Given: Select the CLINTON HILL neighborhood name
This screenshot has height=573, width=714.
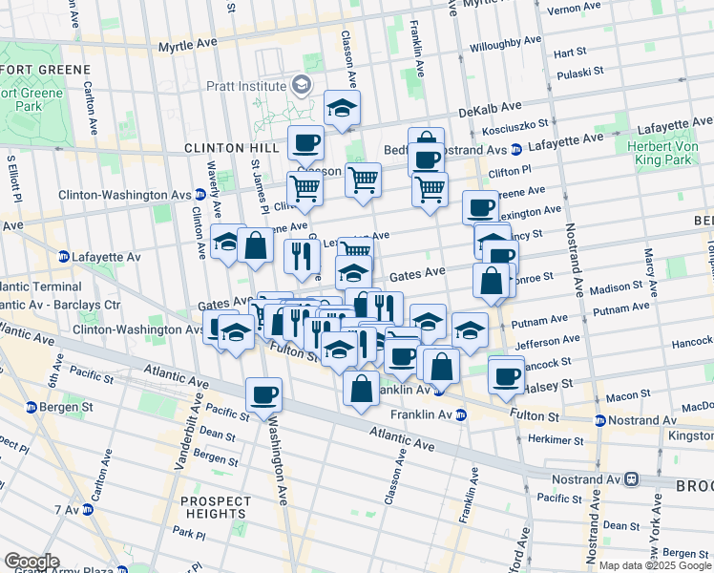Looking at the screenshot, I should tap(218, 148).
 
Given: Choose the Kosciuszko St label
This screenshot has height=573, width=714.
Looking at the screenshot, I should tap(515, 126).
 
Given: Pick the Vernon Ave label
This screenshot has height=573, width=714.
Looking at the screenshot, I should tap(576, 9).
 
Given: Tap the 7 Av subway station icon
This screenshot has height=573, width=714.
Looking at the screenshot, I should tap(88, 509).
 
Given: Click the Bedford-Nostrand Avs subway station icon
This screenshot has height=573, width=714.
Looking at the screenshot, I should tap(515, 149).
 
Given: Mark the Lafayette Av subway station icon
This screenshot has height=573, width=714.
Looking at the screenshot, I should tap(64, 257).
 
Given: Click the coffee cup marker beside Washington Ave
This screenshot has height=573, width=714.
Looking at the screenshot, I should tap(263, 393).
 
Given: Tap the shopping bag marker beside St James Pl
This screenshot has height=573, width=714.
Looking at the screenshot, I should tap(256, 244).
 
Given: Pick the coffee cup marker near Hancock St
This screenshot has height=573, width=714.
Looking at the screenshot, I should tap(506, 373).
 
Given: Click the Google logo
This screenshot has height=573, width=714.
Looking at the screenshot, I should tap(32, 562).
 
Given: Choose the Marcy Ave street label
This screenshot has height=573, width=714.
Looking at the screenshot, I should tap(648, 268).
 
